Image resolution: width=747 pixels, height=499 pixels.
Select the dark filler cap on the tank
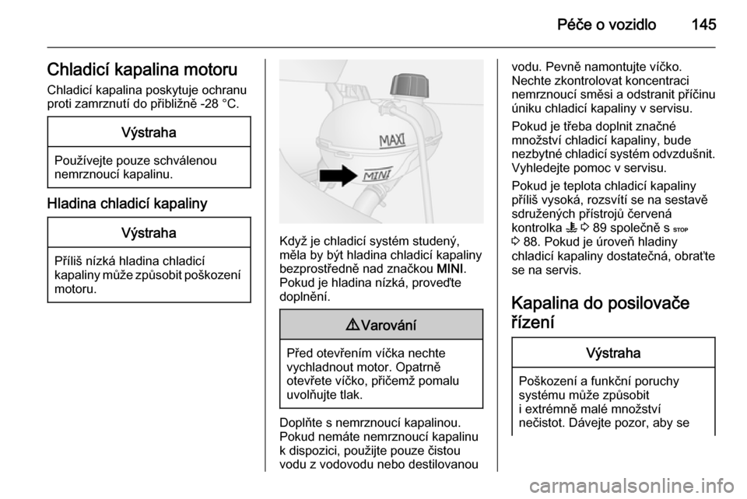coord(409,85)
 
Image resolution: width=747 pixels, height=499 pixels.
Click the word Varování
coord(387,325)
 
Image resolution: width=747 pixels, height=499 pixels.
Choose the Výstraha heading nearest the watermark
coord(613,352)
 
